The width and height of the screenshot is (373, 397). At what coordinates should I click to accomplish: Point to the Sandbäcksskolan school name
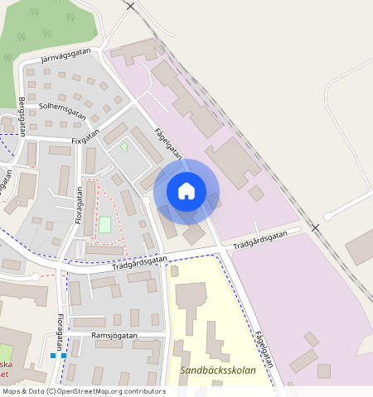pyautogui.click(x=218, y=370)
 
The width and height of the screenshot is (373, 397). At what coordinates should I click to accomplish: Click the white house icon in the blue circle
pyautogui.click(x=186, y=192)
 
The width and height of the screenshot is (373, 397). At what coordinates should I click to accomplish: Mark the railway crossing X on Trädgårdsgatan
pyautogui.click(x=315, y=227)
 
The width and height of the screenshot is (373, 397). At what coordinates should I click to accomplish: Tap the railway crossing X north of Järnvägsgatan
pyautogui.click(x=131, y=6)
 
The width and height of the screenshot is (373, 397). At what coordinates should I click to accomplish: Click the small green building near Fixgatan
pyautogui.click(x=125, y=147)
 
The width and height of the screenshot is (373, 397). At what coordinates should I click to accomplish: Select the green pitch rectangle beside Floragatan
pyautogui.click(x=105, y=224)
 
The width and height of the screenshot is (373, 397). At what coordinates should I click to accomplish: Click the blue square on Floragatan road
pyautogui.click(x=53, y=356)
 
